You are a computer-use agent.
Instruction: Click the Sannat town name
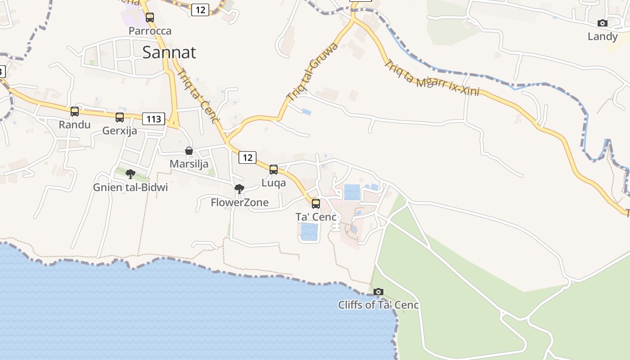tap(169, 53)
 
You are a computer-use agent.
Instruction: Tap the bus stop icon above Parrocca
tap(150, 18)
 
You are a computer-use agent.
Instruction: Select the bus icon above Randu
tap(75, 111)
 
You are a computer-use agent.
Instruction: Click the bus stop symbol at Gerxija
tap(120, 117)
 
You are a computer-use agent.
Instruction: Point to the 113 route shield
tap(153, 119)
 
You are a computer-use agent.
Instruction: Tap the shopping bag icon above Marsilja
tap(189, 151)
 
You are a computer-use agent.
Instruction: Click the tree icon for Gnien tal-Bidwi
tap(130, 174)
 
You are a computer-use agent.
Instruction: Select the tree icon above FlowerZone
tap(239, 189)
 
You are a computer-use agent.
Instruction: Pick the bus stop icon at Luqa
tap(274, 170)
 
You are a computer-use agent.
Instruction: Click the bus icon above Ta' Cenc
tap(316, 203)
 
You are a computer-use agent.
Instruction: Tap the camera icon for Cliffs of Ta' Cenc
tap(378, 292)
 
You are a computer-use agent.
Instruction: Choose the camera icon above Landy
tap(603, 23)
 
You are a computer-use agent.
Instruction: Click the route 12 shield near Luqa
tap(247, 157)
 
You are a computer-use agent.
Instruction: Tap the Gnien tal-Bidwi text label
tap(130, 187)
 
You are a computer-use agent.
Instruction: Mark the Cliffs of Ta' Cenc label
tap(378, 305)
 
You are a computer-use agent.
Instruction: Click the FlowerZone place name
tap(239, 202)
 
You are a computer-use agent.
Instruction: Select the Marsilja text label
tap(189, 164)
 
